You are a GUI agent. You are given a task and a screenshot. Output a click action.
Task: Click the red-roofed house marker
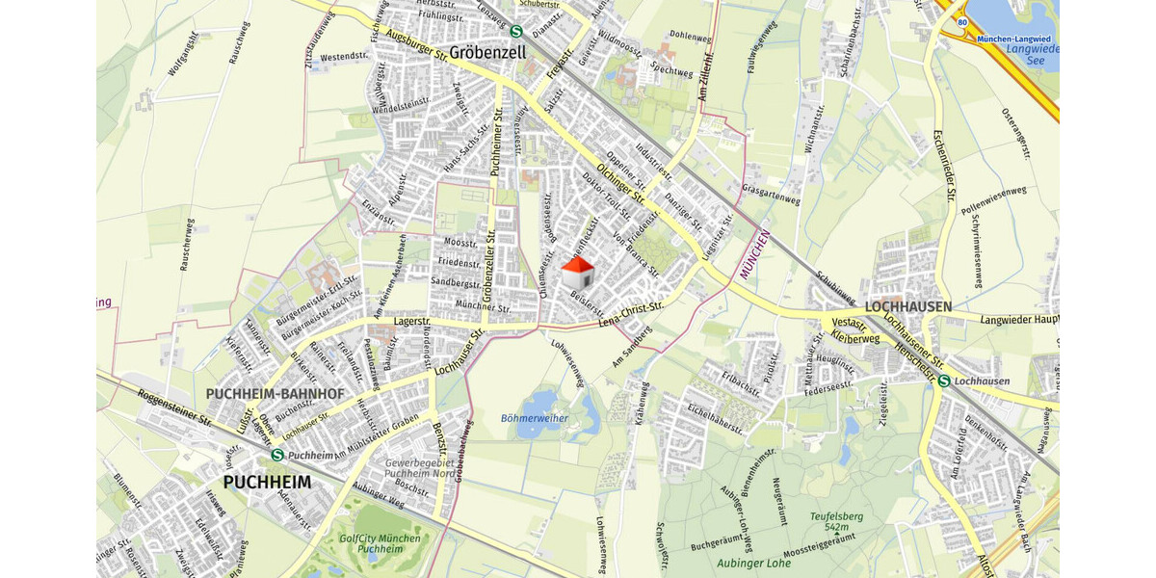click(578, 273)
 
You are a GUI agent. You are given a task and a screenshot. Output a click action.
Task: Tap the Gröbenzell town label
click(487, 53)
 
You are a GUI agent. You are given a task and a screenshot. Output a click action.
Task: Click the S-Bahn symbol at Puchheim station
click(278, 455)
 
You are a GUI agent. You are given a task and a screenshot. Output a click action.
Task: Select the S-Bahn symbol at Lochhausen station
click(945, 381)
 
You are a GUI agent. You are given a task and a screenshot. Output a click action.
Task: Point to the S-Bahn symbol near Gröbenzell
click(517, 31)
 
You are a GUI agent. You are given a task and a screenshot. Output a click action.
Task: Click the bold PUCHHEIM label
click(268, 482)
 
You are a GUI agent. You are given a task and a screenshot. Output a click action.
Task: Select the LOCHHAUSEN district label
click(908, 306)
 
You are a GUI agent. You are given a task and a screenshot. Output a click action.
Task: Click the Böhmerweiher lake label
click(535, 418)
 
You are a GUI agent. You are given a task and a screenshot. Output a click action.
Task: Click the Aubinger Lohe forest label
click(754, 563)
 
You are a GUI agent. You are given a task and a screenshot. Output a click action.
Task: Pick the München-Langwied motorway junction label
click(1013, 39)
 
